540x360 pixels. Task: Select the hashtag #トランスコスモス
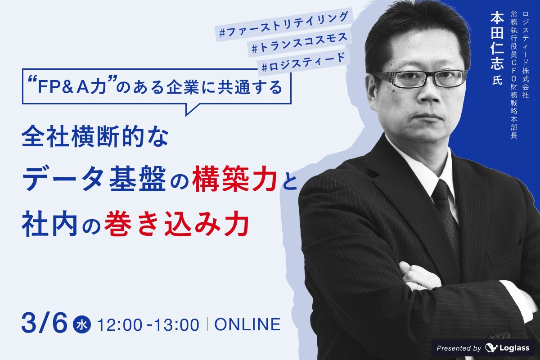point(299,43)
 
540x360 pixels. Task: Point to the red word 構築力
point(234,179)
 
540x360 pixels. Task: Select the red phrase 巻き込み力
point(177,223)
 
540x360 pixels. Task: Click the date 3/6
point(45,323)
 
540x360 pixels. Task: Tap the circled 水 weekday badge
point(82,324)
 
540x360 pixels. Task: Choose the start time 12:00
point(120,324)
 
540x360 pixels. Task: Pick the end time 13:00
point(177,324)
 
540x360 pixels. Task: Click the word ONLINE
point(247,324)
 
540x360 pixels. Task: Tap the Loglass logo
point(507,348)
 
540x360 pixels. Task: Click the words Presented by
point(459,348)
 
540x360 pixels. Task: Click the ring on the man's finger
point(419,287)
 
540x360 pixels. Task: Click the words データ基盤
point(94,179)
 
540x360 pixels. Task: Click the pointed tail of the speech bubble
point(186,115)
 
